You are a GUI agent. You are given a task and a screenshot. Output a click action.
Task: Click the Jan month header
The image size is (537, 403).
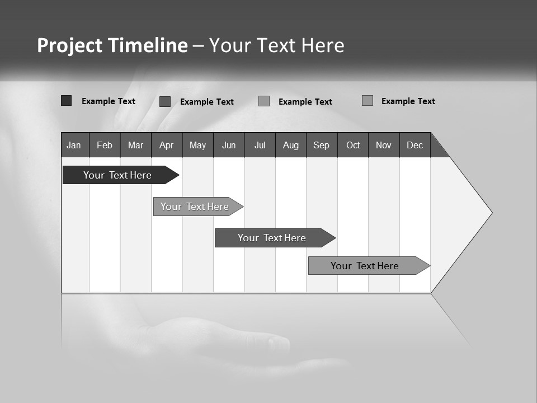pos(74,145)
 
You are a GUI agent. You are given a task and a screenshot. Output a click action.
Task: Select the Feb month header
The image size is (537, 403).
pos(105,145)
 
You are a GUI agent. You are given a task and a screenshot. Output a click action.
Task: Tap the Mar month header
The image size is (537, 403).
pos(135,145)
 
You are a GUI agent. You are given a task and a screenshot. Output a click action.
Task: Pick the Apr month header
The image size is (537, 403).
pos(167,145)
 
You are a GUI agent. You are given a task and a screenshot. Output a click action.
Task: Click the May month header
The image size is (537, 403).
pos(197,145)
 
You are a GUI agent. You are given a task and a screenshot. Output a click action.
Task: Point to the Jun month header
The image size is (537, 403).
pos(229,145)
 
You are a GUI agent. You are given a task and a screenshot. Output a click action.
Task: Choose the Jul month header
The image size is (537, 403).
pos(260,145)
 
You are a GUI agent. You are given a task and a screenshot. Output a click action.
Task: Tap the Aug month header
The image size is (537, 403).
pos(291,145)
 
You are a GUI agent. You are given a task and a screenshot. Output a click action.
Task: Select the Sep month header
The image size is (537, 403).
pos(322,145)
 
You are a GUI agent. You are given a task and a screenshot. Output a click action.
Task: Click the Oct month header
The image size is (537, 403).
pos(353,145)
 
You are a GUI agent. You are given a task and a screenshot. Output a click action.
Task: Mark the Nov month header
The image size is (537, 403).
pos(384,145)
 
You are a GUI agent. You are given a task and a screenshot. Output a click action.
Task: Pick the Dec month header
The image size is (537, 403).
pos(415,145)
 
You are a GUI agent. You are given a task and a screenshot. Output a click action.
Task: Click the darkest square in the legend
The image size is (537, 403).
pos(66,101)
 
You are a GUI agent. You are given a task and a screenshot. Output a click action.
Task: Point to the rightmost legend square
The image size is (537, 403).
pos(367,101)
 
